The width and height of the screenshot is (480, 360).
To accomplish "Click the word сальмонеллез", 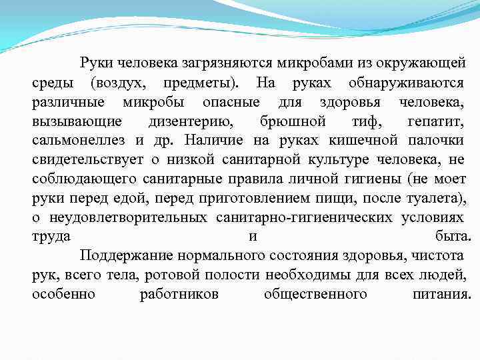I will pyautogui.click(x=80, y=141).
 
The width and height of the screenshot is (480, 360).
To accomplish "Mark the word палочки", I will pyautogui.click(x=435, y=141).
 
